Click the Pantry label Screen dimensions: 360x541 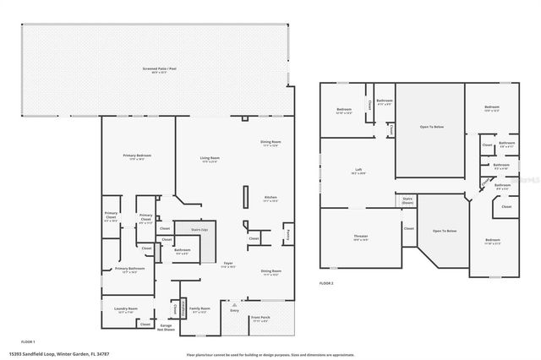[x=287, y=232]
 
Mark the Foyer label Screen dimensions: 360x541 [x=227, y=265]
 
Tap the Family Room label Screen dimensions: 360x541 [x=199, y=309]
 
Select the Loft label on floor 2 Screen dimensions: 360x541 [x=358, y=172]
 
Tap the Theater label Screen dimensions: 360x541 [x=361, y=239]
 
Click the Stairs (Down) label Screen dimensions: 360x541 [x=407, y=202]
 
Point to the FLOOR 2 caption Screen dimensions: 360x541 [x=326, y=282]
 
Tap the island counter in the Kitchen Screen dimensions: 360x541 [x=245, y=198]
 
